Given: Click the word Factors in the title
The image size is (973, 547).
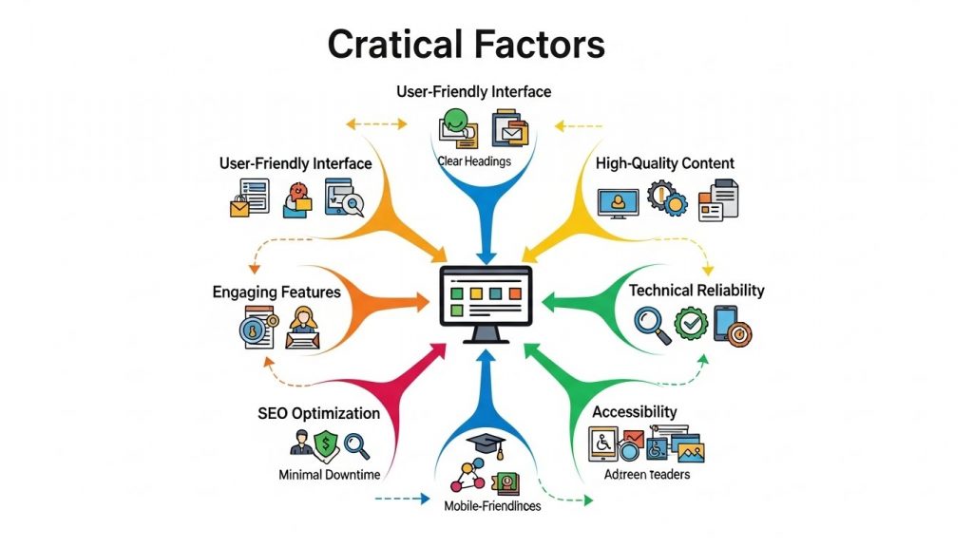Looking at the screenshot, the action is coord(540,44).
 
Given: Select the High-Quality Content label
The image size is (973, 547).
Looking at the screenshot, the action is coord(664,163).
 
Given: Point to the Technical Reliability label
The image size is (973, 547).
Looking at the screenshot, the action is coord(696,291).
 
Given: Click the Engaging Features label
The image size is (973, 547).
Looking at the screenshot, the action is coord(277,292).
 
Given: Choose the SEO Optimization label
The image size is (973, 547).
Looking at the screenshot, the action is coord(319,413).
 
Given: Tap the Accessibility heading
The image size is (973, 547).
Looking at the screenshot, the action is coord(634,412).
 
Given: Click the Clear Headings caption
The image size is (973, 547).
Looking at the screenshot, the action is coord(474,161).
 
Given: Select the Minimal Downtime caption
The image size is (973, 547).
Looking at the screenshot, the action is coord(329,475).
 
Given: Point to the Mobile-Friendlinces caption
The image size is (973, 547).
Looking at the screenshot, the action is coord(492,506).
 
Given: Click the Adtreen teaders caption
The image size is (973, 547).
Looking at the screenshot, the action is coord(646,475).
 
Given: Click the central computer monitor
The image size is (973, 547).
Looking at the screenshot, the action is coord(486,303).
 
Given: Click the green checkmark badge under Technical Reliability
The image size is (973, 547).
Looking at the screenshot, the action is coord(692,323).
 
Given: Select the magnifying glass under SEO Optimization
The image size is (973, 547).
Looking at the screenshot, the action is coord(357,446).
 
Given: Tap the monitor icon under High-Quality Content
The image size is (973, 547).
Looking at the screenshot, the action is coord(618,203).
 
